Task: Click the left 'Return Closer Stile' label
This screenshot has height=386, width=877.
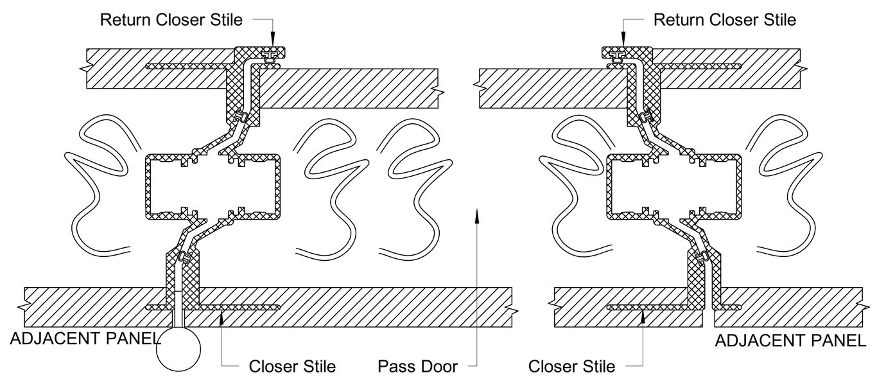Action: (171, 20)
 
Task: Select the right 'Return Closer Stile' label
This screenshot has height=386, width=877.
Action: (724, 20)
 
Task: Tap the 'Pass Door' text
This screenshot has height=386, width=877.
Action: (417, 367)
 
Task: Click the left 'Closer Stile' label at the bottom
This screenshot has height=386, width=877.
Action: (292, 367)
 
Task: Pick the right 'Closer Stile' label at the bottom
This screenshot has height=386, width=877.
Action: (571, 367)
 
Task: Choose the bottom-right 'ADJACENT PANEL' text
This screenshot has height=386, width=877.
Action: (790, 341)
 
